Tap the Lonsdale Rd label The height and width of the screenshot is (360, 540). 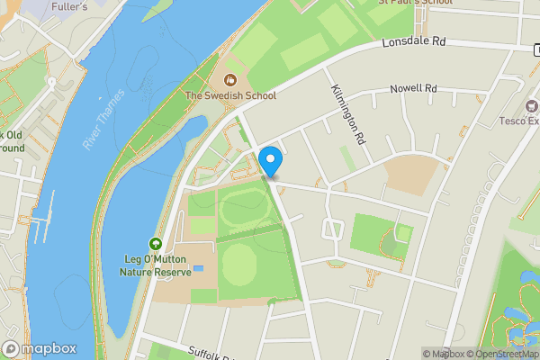[413, 42]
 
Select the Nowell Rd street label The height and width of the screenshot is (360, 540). [412, 89]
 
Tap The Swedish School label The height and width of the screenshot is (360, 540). [230, 94]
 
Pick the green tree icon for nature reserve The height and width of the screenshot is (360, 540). [156, 244]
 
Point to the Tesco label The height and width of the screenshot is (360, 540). [519, 121]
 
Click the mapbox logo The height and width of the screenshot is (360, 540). [40, 348]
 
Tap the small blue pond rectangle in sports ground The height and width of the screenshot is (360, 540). [198, 268]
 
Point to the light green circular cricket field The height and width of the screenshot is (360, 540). [240, 264]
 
